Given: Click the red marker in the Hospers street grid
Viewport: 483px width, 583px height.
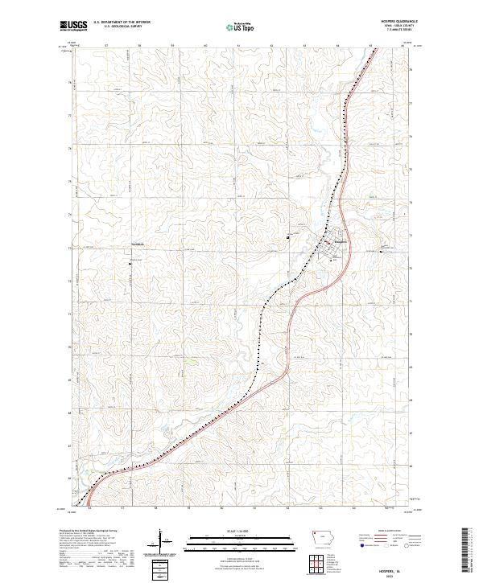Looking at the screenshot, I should (326, 242).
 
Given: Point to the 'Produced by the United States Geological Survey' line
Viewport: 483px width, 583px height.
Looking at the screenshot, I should (85, 532).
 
